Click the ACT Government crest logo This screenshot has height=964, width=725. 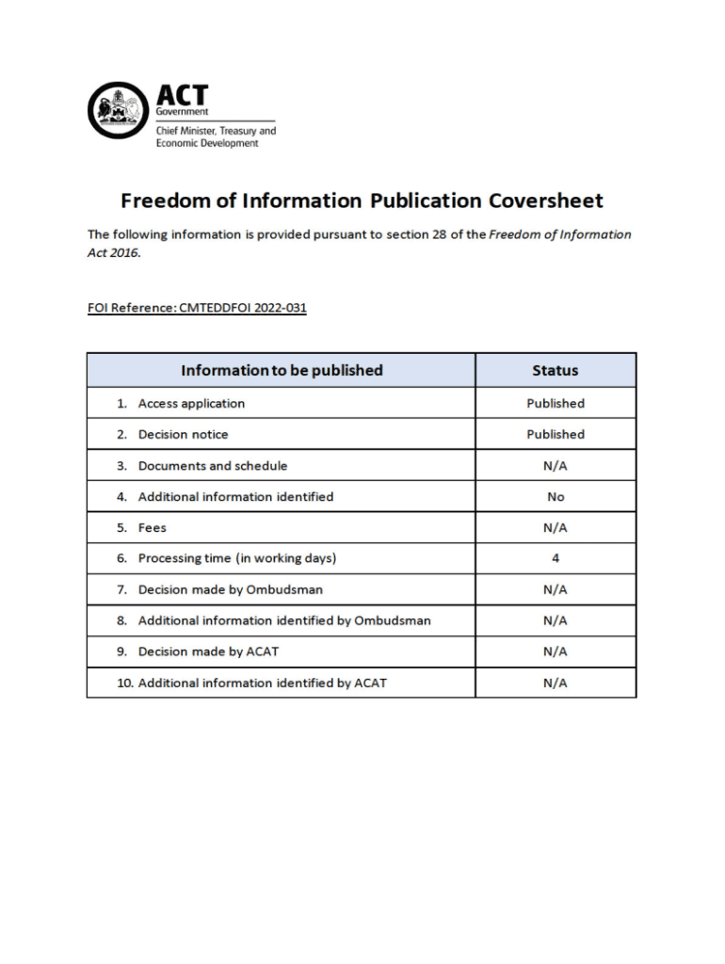(x=118, y=110)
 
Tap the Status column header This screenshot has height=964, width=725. (x=555, y=370)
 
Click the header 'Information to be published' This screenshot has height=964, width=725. (x=282, y=370)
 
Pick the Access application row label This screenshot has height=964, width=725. (x=191, y=403)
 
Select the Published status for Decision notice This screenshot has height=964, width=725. (x=555, y=434)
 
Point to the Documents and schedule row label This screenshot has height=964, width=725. (x=213, y=465)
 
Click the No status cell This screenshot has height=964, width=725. (x=555, y=496)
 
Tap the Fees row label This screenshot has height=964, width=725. (x=152, y=527)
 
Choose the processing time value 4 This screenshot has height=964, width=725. (x=555, y=558)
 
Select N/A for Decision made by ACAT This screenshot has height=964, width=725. (x=555, y=651)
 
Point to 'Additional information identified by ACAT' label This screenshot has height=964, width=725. (x=262, y=683)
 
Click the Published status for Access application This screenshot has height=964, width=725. (x=555, y=403)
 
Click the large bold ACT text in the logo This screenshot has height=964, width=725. (x=182, y=95)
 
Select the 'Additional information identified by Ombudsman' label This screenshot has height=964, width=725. (x=284, y=620)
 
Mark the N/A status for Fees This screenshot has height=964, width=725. (x=555, y=527)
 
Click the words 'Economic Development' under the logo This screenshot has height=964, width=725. (x=206, y=143)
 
